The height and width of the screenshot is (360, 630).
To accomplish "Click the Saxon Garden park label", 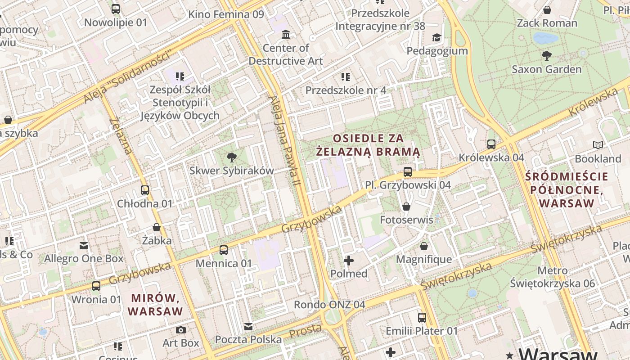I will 546,69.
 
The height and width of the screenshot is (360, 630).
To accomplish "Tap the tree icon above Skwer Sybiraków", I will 232,157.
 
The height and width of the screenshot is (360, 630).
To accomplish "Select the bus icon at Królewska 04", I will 491,144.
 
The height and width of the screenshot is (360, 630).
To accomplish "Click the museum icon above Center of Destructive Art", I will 286,35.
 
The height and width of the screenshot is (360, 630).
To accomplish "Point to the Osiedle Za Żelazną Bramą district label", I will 368,145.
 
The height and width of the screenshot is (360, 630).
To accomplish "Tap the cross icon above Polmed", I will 349,261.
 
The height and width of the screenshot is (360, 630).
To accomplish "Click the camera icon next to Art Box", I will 181,330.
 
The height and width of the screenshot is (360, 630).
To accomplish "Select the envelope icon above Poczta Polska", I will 248,327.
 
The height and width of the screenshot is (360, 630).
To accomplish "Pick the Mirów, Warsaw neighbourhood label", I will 155,305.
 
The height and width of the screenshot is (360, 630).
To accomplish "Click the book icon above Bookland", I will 598,145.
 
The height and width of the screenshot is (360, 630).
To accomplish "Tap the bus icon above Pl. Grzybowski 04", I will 408,171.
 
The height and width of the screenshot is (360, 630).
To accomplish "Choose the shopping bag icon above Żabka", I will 157,227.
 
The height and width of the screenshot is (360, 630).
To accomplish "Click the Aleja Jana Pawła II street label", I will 284,141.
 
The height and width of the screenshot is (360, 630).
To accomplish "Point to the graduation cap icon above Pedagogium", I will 436,37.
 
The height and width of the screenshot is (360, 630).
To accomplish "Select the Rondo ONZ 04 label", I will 329,305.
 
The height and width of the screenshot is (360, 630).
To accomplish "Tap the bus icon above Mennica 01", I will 224,250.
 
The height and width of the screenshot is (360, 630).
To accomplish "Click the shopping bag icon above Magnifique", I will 424,246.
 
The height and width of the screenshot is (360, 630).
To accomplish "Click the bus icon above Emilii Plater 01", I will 422,318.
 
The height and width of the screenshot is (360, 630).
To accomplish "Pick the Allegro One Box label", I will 84,259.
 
